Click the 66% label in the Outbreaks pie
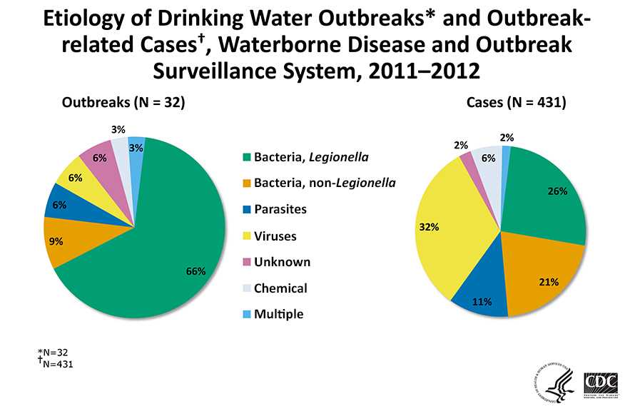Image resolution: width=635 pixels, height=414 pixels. tap(195, 271)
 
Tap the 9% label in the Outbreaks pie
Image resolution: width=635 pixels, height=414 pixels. tap(56, 241)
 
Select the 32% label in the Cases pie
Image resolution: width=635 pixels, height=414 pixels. tap(429, 227)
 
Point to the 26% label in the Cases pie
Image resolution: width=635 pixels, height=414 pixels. tap(557, 191)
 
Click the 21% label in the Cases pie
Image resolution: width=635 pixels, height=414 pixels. tap(548, 282)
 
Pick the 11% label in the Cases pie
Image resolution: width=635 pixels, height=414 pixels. tap(483, 302)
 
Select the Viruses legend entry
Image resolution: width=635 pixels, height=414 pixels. tap(275, 236)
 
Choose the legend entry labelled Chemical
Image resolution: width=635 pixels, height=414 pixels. tap(280, 288)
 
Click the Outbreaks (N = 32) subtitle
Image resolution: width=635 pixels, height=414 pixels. tap(123, 103)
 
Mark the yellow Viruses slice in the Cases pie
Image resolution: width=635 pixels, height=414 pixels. tap(449, 236)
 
